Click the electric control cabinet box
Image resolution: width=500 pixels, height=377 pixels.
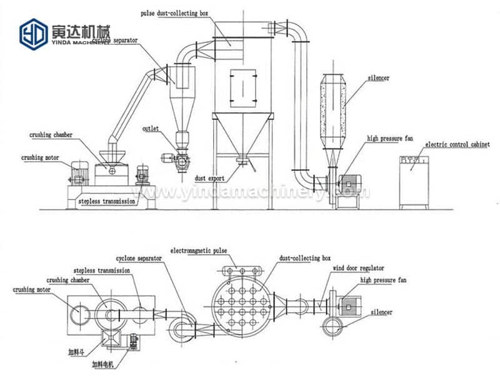click(x=414, y=182)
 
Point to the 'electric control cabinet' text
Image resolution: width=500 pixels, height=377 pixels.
click(x=456, y=144)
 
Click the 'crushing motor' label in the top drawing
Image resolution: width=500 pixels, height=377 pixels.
click(x=40, y=158)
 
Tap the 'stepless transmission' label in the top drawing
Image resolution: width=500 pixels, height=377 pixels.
click(x=107, y=202)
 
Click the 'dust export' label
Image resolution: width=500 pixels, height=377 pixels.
click(x=209, y=178)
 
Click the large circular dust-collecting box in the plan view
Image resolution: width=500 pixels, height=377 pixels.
click(x=240, y=306)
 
